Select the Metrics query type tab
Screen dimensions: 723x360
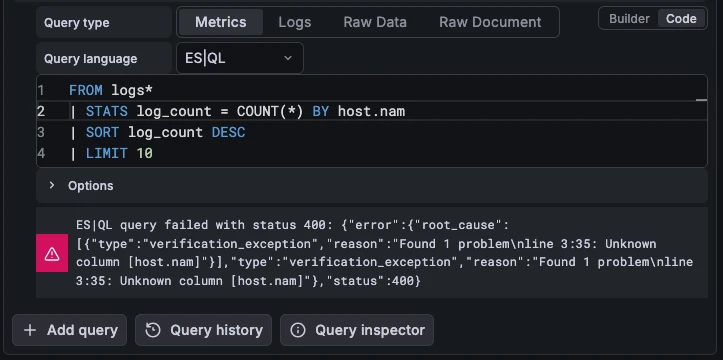pos(220,22)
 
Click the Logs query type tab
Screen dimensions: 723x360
pos(295,22)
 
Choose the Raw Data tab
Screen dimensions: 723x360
pos(375,22)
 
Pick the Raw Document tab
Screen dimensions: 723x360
pos(490,22)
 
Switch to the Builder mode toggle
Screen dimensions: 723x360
pos(629,19)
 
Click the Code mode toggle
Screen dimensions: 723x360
pos(681,19)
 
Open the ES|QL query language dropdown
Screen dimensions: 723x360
pos(240,58)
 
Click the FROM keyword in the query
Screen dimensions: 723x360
pos(86,90)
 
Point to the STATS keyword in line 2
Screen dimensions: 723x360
pos(107,112)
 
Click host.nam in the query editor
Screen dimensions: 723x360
pos(371,112)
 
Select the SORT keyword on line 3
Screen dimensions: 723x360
pos(102,133)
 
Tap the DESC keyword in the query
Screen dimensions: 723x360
pos(228,133)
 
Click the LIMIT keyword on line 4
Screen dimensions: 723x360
pos(107,153)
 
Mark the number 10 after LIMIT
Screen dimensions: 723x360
pos(144,153)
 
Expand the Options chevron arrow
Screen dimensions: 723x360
pos(52,185)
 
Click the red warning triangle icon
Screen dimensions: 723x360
pos(52,253)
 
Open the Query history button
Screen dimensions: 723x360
pos(203,330)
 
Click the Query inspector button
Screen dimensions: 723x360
pos(357,330)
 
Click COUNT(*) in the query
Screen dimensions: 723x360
pos(270,112)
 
